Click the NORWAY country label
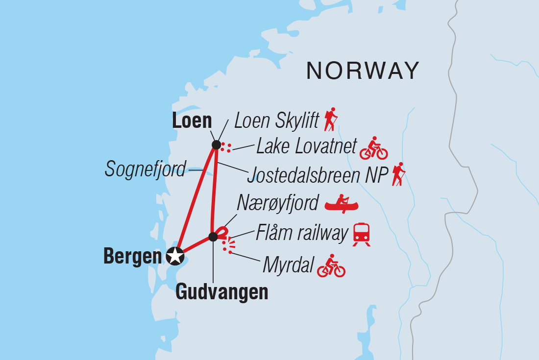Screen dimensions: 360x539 363,71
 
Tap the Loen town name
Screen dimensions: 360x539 192,120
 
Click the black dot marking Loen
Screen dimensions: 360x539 216,144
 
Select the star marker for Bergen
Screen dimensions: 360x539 175,256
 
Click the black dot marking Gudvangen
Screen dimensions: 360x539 213,237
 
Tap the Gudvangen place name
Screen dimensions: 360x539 222,292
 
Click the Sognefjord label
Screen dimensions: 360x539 146,169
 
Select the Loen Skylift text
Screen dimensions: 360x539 277,121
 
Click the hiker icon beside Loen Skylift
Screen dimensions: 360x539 331,119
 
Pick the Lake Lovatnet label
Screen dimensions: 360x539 306,146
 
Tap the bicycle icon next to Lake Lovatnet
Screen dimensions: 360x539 373,148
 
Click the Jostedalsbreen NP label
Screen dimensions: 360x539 317,175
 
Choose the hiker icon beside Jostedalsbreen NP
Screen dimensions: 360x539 399,174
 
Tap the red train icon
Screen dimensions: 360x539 362,234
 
